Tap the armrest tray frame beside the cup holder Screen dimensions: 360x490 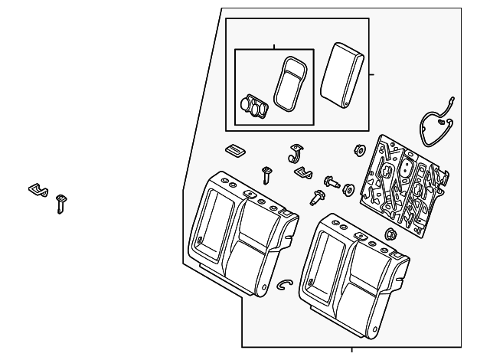290,82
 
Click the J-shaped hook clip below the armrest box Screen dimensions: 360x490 295,154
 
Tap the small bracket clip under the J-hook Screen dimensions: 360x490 304,174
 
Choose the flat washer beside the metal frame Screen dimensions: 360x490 349,189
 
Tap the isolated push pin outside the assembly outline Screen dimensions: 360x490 60,204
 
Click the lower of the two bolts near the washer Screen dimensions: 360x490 315,198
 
